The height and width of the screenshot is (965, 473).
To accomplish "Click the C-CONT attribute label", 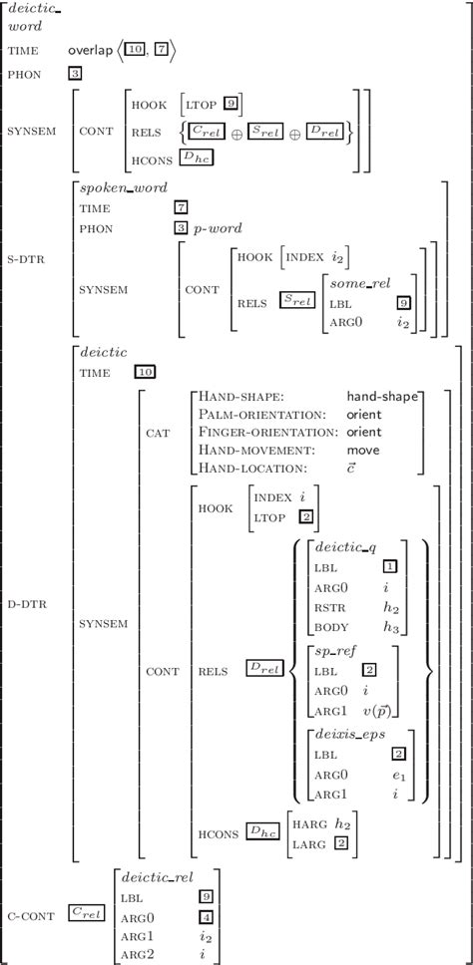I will (27, 912).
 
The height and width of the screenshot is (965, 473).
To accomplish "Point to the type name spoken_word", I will (124, 186).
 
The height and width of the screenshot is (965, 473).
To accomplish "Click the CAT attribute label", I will (158, 432).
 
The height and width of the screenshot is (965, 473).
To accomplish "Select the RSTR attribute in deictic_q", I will (330, 604).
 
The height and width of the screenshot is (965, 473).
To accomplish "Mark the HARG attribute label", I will (309, 827).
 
